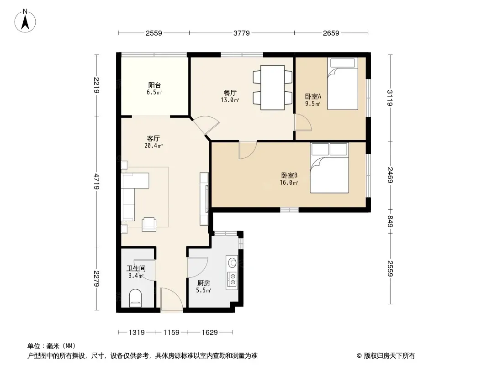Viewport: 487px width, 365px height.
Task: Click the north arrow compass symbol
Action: [x=25, y=21]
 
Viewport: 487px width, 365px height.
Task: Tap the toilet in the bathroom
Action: [x=135, y=298]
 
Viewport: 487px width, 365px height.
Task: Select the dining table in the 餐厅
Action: [x=273, y=88]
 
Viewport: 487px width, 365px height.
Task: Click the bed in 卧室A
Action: [x=343, y=84]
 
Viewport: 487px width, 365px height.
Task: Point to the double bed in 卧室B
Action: [x=329, y=168]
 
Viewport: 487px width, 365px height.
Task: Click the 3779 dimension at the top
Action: [x=242, y=33]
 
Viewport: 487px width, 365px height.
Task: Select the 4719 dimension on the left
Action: [x=97, y=182]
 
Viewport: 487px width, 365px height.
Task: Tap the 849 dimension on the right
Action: [x=391, y=221]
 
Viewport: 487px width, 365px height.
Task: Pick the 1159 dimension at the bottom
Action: [x=171, y=333]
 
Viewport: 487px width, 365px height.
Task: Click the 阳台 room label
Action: [x=154, y=85]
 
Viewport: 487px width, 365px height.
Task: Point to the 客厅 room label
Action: [x=154, y=138]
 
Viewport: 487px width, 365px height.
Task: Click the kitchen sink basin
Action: [x=232, y=263]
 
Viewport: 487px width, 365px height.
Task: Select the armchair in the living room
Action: [x=149, y=224]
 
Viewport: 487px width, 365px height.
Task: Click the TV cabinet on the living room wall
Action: [x=204, y=199]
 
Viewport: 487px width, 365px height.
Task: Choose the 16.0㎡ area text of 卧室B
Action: [x=289, y=182]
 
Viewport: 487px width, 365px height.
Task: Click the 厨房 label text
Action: [x=204, y=283]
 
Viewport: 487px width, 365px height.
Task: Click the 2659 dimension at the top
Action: [x=331, y=33]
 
